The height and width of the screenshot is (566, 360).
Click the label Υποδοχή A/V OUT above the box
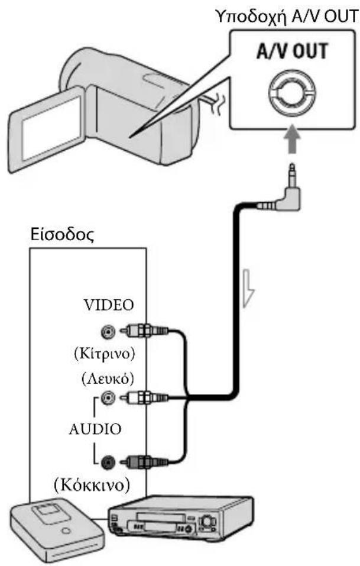[287, 16]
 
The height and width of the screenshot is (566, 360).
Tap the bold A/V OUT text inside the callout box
[293, 51]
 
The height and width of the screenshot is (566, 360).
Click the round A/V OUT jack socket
[293, 93]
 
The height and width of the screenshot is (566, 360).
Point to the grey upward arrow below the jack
[293, 140]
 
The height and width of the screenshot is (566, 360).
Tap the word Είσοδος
[63, 235]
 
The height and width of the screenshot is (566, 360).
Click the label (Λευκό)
[108, 379]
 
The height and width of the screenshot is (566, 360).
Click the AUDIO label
[95, 429]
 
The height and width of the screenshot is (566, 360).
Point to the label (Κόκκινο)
[92, 484]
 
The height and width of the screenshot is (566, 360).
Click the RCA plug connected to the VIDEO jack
[144, 330]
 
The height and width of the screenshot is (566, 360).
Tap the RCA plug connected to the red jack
[144, 461]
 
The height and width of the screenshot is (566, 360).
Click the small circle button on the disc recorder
[65, 531]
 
